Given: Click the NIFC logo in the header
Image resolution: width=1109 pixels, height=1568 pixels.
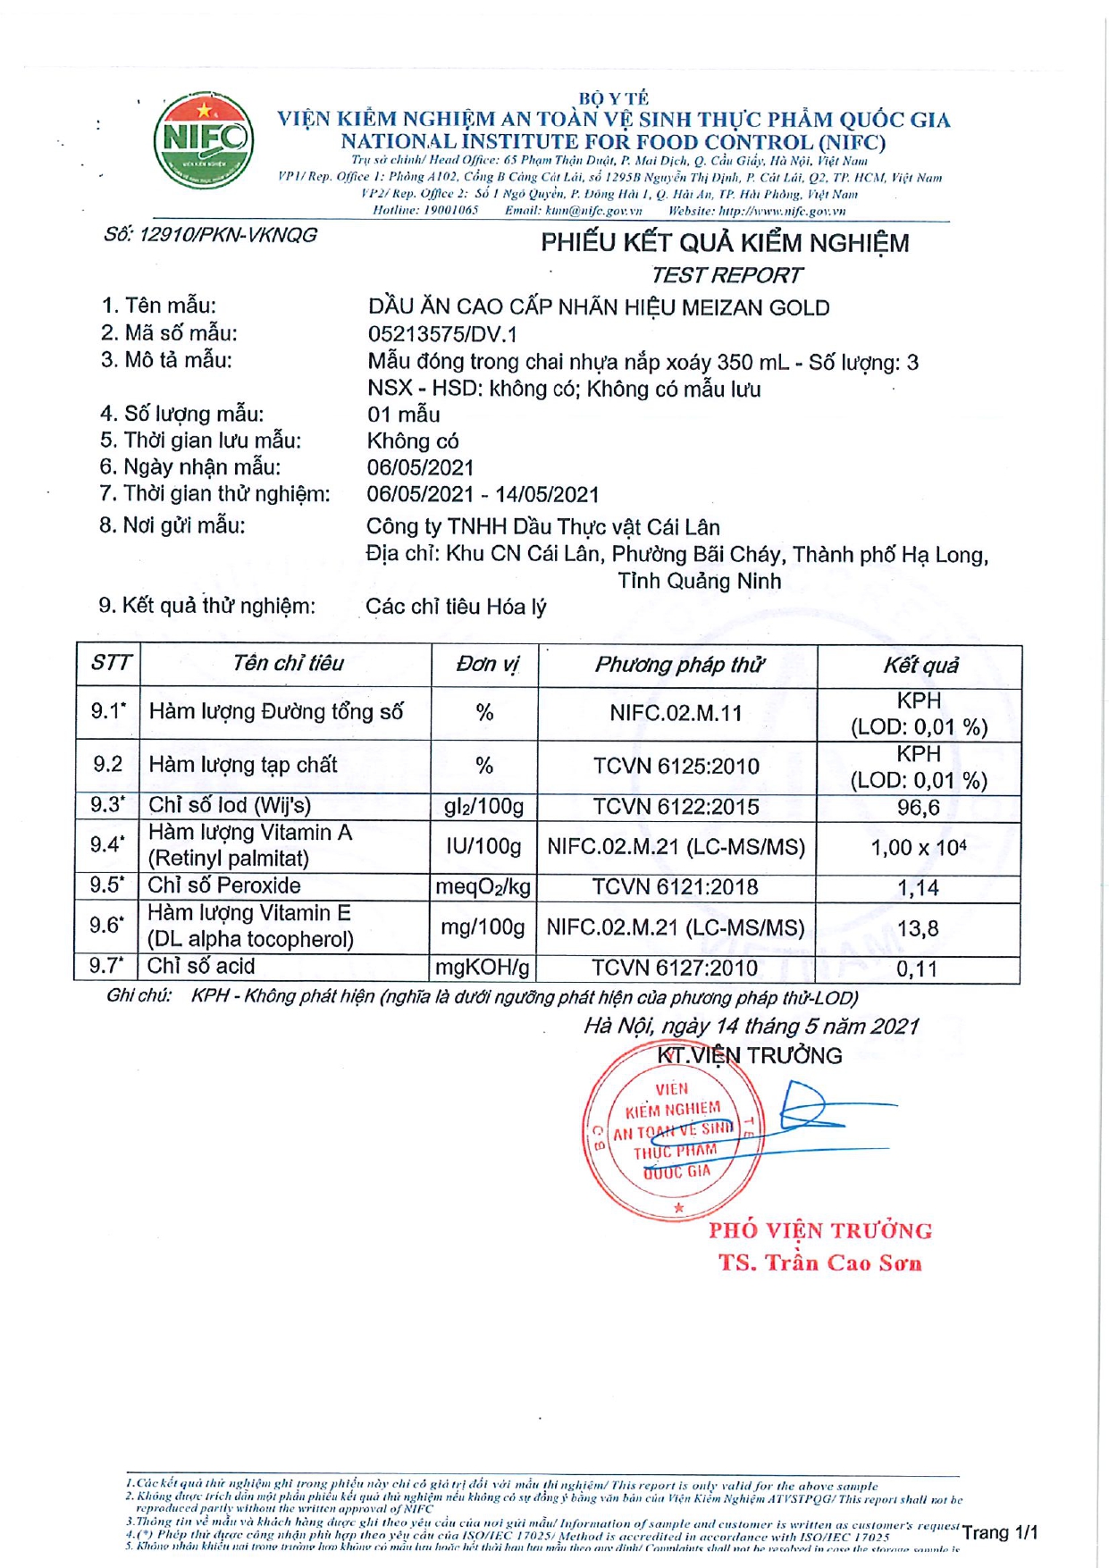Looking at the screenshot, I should (x=204, y=139).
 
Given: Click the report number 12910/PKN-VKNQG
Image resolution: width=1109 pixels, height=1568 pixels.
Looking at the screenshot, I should (x=210, y=235).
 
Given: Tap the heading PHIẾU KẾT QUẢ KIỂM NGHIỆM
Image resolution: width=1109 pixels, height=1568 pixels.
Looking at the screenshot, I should (x=724, y=243).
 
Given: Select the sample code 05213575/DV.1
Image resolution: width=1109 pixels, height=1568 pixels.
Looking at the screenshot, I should (x=442, y=334).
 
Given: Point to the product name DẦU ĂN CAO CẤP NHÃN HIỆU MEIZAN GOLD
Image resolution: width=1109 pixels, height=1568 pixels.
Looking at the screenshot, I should (x=598, y=307).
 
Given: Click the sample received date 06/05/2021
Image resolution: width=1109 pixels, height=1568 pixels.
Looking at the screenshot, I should (x=420, y=467).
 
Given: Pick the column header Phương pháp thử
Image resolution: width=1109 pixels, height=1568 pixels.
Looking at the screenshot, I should (x=678, y=665).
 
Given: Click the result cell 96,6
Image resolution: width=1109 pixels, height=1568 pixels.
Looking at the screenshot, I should (x=918, y=808).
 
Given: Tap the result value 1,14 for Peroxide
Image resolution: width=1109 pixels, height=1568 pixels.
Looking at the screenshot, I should (x=918, y=888).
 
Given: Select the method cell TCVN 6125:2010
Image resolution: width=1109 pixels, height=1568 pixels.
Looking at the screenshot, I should (x=676, y=767).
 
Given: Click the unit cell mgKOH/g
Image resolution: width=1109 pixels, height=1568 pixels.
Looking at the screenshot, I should (x=483, y=968).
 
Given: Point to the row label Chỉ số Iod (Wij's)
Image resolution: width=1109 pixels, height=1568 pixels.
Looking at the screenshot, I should (x=230, y=805).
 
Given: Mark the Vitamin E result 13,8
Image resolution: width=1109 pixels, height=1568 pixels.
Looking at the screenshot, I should (x=918, y=928).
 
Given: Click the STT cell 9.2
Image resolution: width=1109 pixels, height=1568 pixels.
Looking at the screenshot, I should (x=107, y=765).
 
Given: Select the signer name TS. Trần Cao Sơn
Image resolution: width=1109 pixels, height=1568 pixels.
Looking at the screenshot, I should (x=819, y=1262).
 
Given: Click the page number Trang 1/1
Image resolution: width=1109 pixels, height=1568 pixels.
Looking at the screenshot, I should (x=999, y=1532).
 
